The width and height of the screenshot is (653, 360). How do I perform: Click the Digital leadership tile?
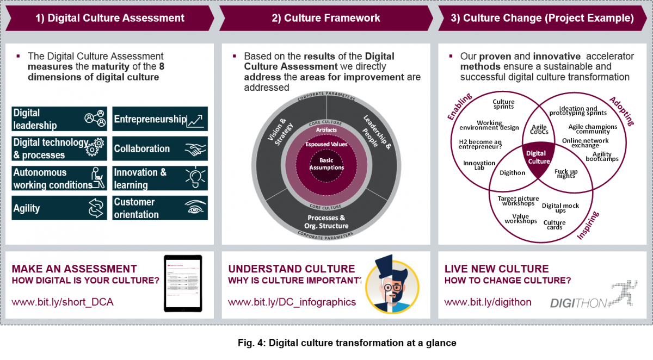tap(59, 119)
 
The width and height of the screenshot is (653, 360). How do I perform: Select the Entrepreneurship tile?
tap(160, 119)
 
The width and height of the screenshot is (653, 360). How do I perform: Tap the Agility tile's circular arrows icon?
tap(95, 208)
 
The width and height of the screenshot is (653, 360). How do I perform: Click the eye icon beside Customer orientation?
tap(195, 208)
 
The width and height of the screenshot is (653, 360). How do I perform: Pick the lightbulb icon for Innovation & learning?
tap(195, 178)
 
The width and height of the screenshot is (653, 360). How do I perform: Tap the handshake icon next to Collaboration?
tap(195, 149)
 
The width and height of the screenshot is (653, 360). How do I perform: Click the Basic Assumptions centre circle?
tap(326, 164)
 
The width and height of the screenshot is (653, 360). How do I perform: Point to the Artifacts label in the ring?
tap(326, 131)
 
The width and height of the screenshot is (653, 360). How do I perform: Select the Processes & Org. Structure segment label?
tap(326, 222)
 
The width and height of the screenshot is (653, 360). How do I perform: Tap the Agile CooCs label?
tap(539, 130)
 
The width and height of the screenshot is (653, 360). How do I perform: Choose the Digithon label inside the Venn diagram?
tap(513, 173)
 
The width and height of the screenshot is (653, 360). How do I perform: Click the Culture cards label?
tap(555, 225)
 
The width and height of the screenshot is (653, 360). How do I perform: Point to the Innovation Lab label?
tap(479, 165)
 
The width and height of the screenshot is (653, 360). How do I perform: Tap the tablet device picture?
tap(182, 283)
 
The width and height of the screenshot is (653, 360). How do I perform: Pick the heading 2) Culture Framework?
tap(326, 18)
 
